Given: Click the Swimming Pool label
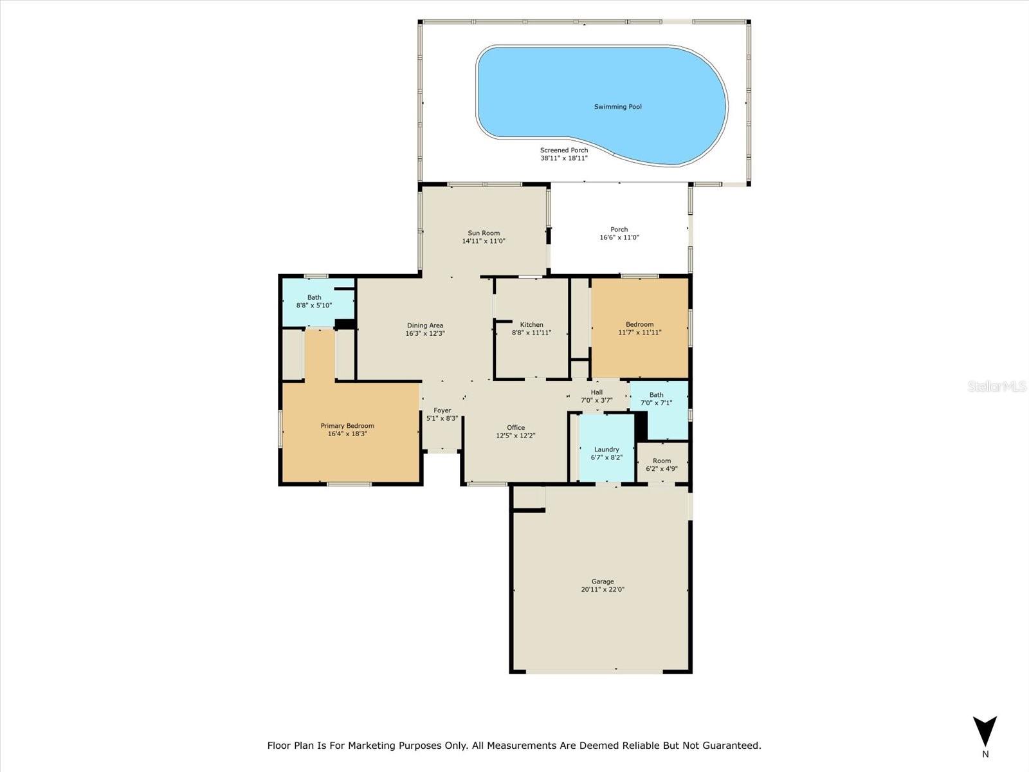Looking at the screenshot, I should pyautogui.click(x=617, y=107).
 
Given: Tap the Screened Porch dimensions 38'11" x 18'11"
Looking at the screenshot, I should pyautogui.click(x=564, y=158).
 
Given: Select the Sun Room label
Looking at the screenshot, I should pyautogui.click(x=484, y=234).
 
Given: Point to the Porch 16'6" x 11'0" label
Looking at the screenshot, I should pyautogui.click(x=619, y=234).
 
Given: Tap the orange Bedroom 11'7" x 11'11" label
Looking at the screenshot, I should pyautogui.click(x=639, y=329).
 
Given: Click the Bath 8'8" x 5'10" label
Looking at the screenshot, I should pyautogui.click(x=314, y=301).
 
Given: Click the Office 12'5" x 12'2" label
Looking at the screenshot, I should pyautogui.click(x=516, y=432).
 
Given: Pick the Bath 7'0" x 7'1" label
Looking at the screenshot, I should pyautogui.click(x=656, y=399).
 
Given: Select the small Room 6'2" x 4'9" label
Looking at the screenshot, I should pyautogui.click(x=662, y=464).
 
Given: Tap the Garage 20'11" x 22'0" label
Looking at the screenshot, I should pyautogui.click(x=603, y=585).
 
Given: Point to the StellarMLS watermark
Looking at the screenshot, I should pyautogui.click(x=996, y=387).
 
